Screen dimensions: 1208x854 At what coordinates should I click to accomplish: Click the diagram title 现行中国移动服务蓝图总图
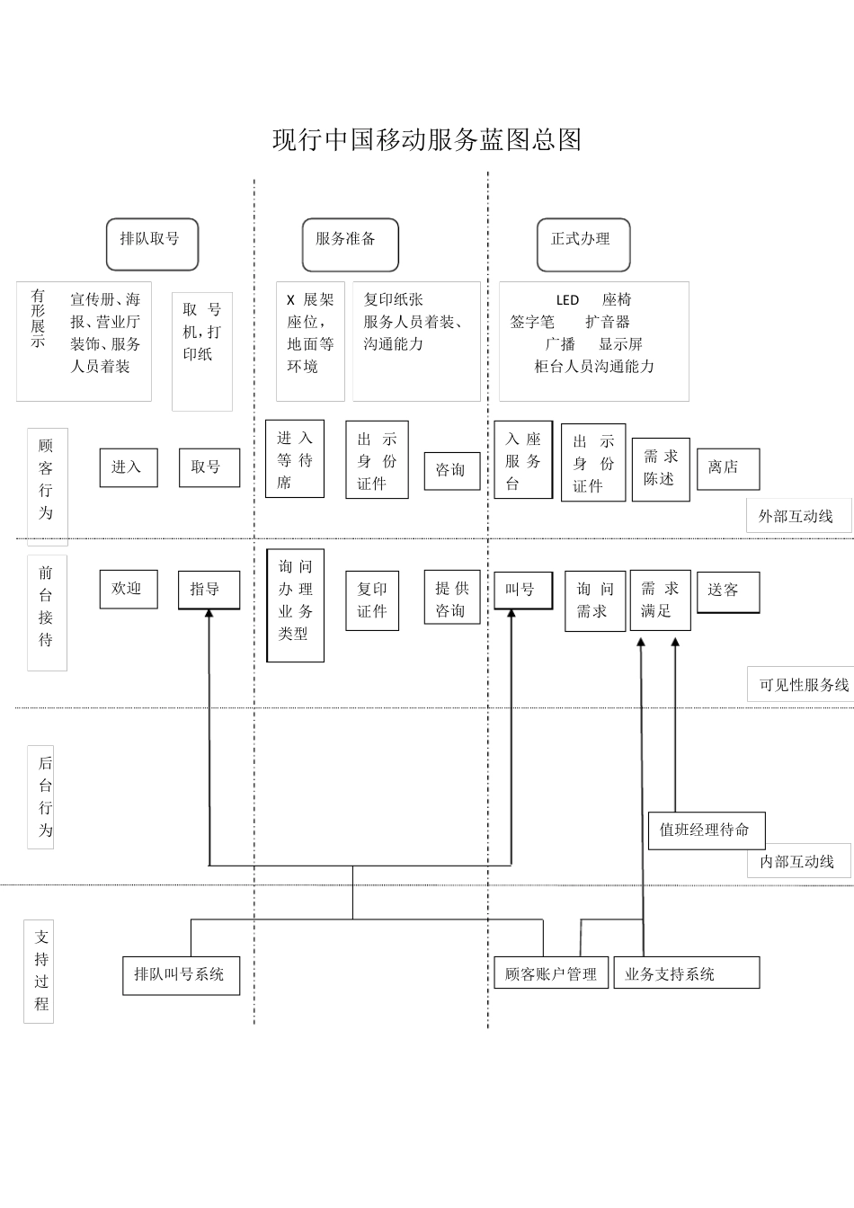click(x=427, y=140)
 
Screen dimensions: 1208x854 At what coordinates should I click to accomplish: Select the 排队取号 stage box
click(x=152, y=244)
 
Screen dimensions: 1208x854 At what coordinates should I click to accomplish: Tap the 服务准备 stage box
click(x=350, y=244)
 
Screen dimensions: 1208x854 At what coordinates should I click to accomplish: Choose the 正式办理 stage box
click(x=583, y=244)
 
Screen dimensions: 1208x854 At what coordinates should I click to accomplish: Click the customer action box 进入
click(x=128, y=467)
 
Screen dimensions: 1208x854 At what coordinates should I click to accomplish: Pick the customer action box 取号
click(x=209, y=467)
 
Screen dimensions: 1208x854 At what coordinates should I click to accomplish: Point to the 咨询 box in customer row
click(x=451, y=470)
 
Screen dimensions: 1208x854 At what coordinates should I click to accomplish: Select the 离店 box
click(x=728, y=468)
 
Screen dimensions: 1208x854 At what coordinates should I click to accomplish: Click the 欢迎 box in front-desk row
click(x=128, y=589)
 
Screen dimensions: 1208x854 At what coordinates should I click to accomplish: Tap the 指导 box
click(x=209, y=590)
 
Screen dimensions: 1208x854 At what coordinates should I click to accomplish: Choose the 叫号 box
click(x=523, y=590)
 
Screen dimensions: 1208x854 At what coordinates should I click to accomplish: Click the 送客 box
click(x=728, y=591)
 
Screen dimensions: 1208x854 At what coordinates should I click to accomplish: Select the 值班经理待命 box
click(x=706, y=830)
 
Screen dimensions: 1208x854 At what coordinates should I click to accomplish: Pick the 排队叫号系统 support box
click(x=181, y=975)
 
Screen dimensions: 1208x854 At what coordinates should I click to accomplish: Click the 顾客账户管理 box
click(x=551, y=973)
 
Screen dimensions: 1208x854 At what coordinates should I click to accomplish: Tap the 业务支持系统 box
click(x=686, y=973)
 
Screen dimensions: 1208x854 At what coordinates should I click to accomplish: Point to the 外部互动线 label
click(x=797, y=517)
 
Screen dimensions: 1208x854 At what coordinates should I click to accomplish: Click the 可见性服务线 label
click(x=803, y=685)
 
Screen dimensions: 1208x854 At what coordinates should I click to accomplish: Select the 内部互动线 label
click(x=797, y=861)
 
